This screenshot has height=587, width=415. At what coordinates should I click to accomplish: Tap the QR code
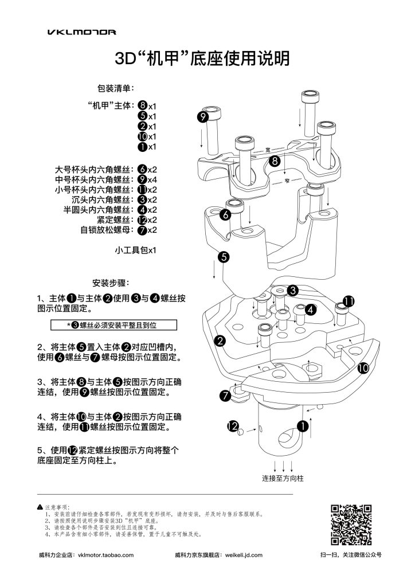click(x=352, y=525)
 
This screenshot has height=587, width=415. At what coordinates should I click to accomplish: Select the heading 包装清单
click(x=116, y=89)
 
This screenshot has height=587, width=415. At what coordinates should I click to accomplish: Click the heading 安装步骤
click(x=111, y=283)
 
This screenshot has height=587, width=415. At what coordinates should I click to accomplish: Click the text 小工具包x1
click(x=136, y=251)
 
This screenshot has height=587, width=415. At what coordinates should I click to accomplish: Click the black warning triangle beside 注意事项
click(x=40, y=507)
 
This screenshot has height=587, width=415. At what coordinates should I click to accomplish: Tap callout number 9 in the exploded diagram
click(x=202, y=116)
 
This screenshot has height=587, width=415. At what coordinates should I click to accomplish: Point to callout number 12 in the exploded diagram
click(x=232, y=426)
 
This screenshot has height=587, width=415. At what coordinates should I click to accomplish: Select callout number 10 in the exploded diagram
click(x=362, y=369)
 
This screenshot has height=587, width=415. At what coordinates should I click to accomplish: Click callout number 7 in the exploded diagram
click(x=225, y=396)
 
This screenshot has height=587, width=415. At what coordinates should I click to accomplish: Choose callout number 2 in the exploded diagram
click(x=219, y=341)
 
